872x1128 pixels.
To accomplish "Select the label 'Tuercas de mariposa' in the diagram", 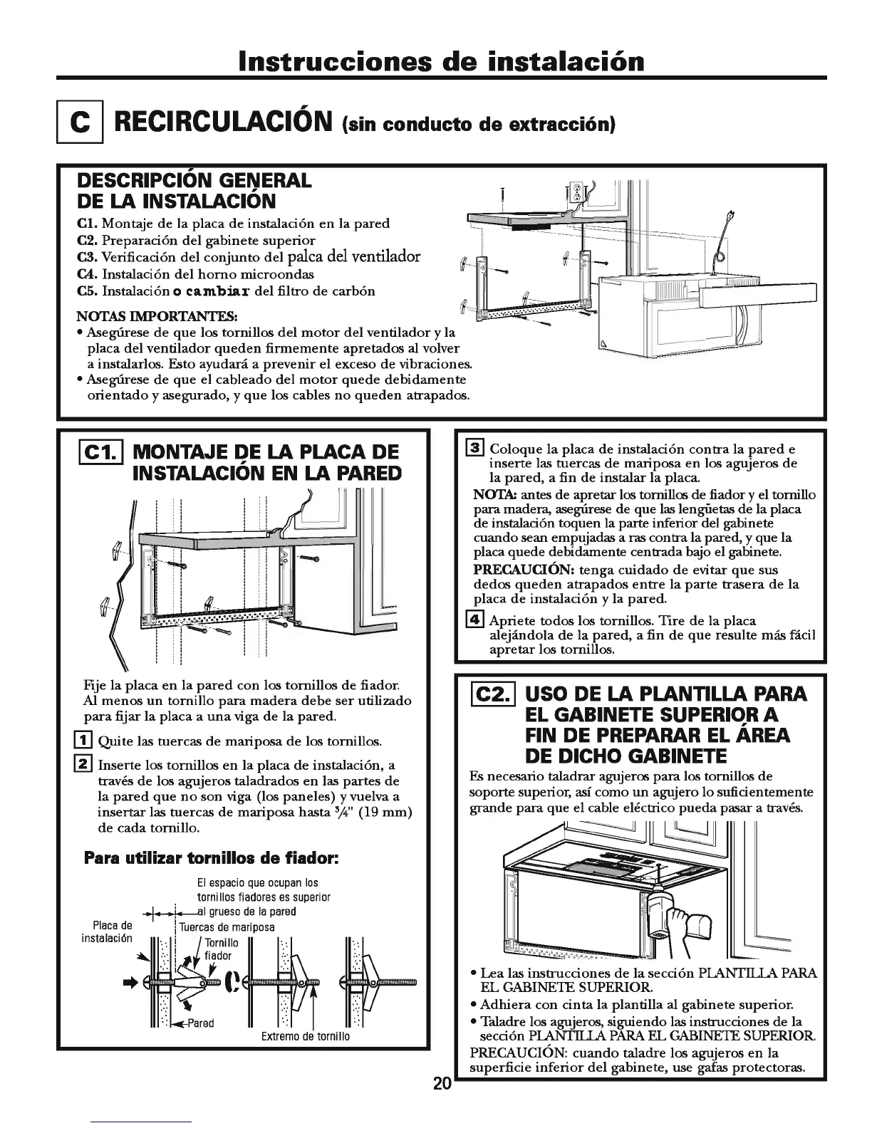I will (x=227, y=927).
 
